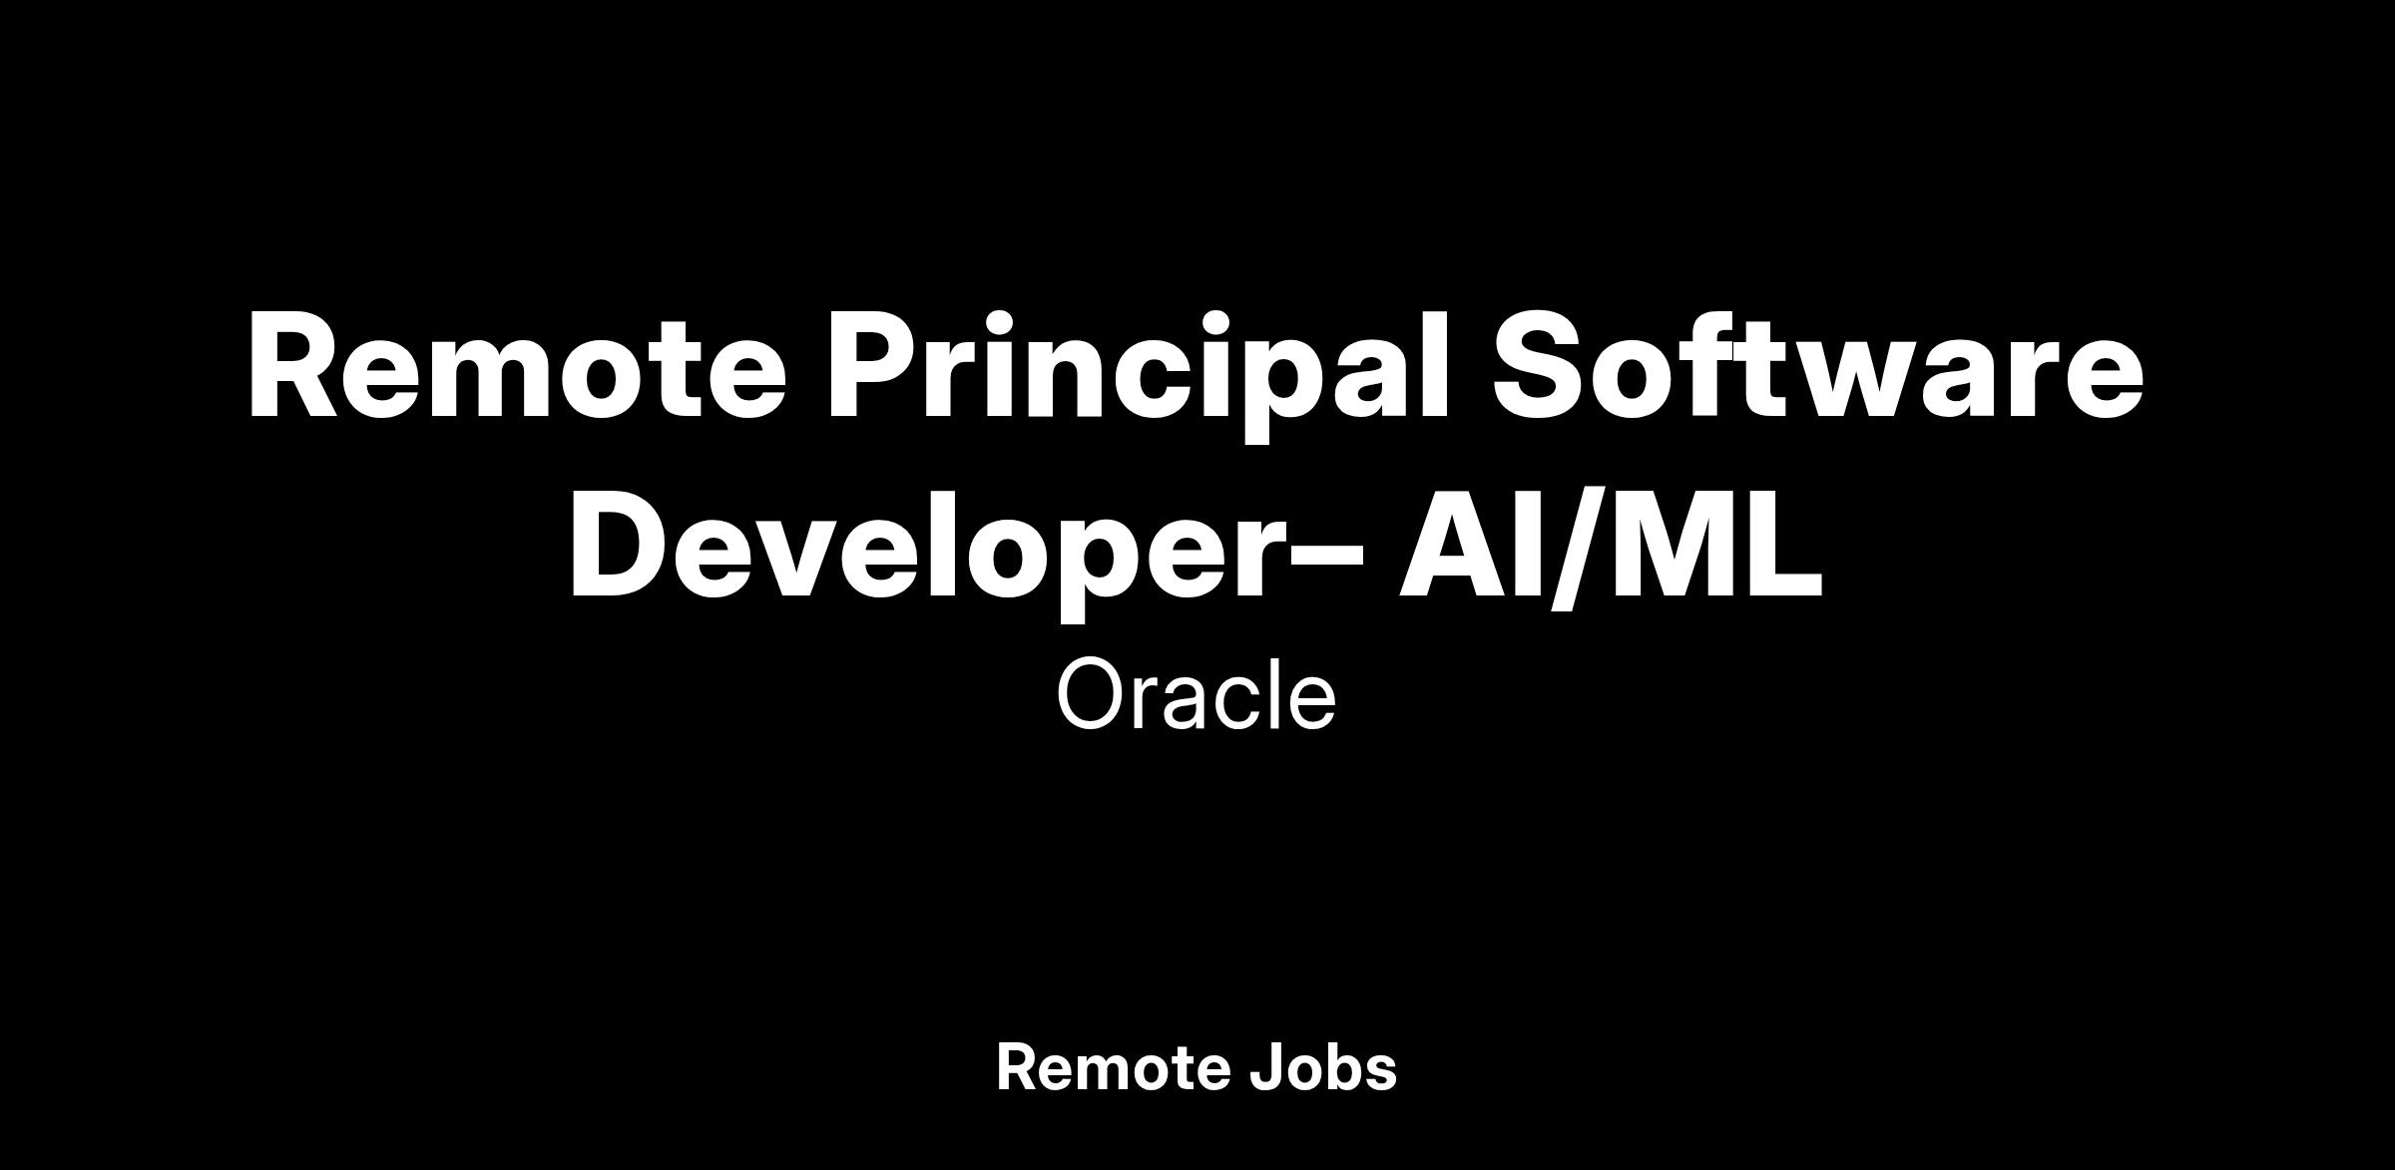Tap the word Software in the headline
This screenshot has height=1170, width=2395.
[1818, 364]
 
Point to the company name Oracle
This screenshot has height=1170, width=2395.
[1197, 694]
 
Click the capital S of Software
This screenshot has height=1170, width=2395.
[1541, 365]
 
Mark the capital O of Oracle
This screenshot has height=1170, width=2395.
[1092, 694]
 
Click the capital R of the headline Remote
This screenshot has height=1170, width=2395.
[298, 365]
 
